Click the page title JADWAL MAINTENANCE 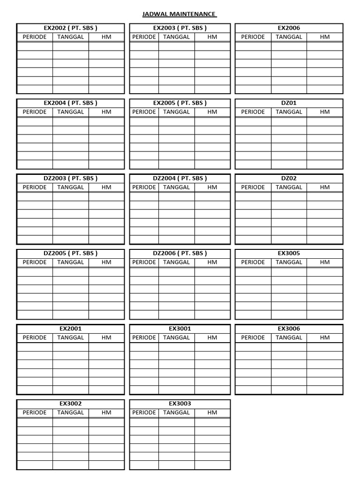coord(180,14)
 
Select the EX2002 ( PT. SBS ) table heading coord(70,28)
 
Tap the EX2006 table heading coord(289,28)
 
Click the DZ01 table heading coord(289,103)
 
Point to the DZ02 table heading coord(289,178)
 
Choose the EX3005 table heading coord(289,253)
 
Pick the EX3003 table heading coord(180,403)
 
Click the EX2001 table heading coord(70,329)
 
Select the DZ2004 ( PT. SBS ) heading coord(180,178)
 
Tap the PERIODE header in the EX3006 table coord(253,337)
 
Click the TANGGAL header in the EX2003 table coord(176,37)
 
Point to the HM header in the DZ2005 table coord(106,262)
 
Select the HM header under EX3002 coord(106,412)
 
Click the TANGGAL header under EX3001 coord(176,337)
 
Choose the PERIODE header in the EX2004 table coord(35,112)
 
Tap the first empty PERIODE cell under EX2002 coord(35,46)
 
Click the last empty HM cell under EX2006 coord(325,89)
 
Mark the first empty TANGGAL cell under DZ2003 coord(70,196)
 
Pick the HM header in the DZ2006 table coord(212,262)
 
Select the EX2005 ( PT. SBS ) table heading coord(180,103)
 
